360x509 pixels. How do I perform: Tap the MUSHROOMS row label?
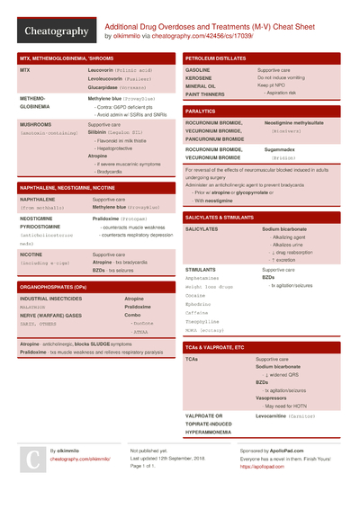click(x=35, y=124)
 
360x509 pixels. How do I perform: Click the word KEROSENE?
click(x=200, y=77)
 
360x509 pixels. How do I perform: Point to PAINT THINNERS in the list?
click(x=207, y=94)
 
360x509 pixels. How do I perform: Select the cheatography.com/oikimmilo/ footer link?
click(x=86, y=459)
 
